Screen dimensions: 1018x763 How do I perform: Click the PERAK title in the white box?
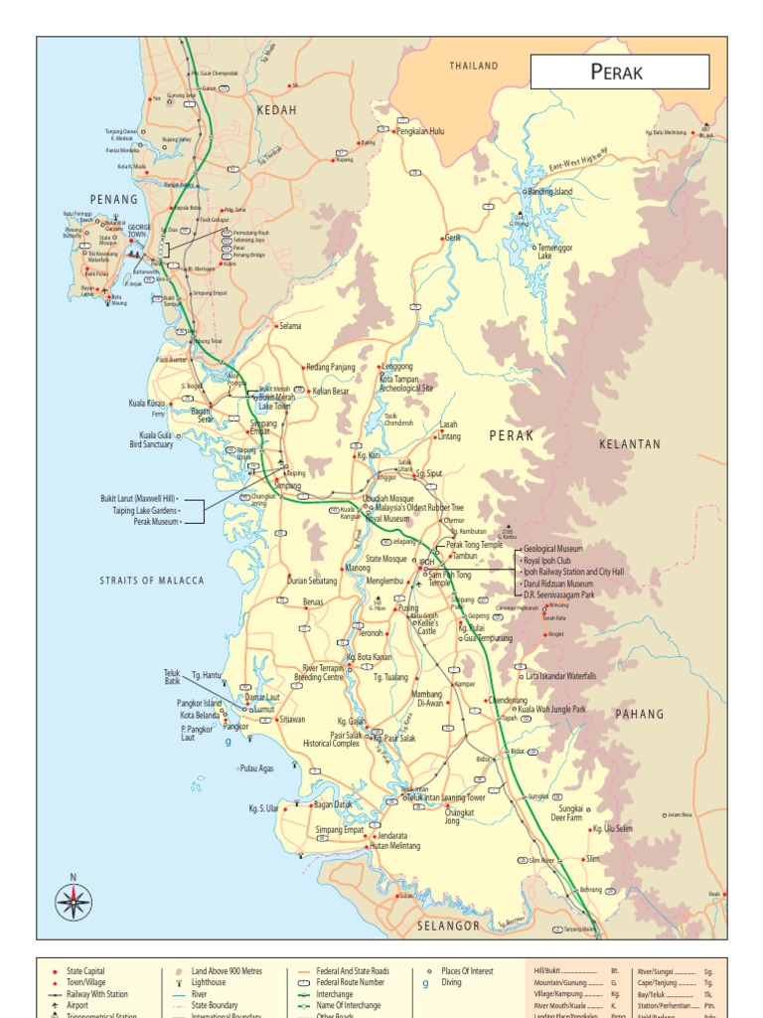coord(617,72)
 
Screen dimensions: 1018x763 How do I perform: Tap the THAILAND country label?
coord(473,66)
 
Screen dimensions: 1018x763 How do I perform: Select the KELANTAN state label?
coord(629,444)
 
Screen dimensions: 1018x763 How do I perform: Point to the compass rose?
coord(73,902)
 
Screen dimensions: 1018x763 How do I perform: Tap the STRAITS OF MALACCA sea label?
coord(152,581)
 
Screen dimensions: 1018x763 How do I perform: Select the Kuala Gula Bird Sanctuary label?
coord(156,440)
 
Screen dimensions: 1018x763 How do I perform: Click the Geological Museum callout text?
coord(553,549)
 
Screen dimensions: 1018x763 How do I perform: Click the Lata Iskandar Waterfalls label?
coord(561,676)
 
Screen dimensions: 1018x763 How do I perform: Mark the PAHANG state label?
coord(639,715)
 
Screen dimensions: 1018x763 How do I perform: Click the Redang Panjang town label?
coord(330,367)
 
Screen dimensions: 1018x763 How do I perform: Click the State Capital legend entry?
coord(85,971)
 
